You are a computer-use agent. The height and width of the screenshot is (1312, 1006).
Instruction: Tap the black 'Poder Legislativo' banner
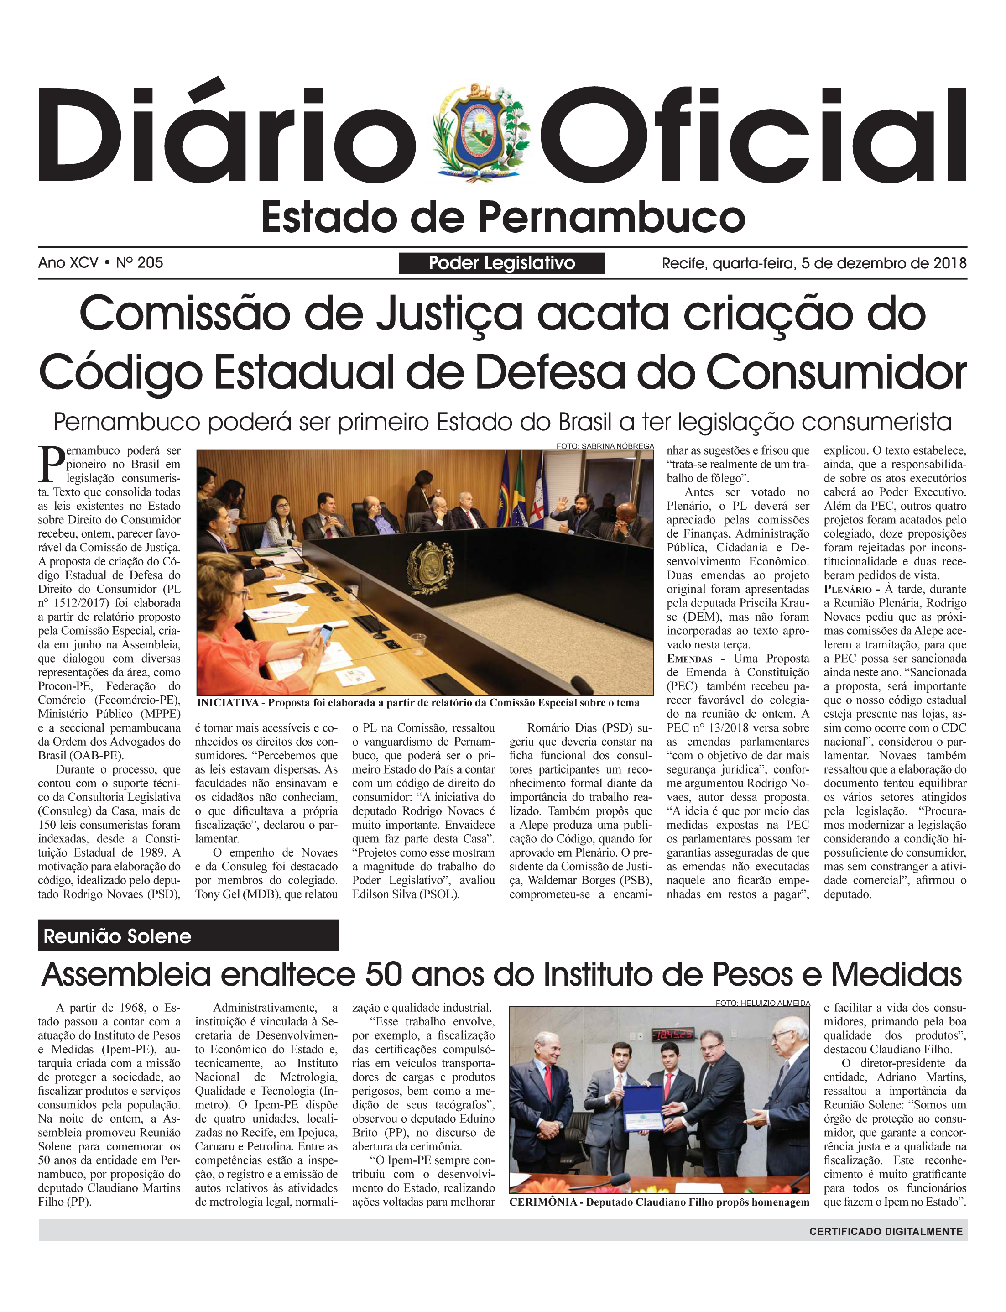coord(502,263)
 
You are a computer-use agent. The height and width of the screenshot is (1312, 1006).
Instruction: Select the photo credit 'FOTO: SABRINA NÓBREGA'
coord(605,446)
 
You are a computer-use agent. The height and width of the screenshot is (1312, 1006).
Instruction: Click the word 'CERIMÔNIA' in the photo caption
coord(544,1202)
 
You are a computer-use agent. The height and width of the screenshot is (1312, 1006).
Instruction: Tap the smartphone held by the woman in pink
coord(326,632)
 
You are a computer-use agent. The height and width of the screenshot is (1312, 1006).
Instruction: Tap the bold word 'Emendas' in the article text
coord(689,659)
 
